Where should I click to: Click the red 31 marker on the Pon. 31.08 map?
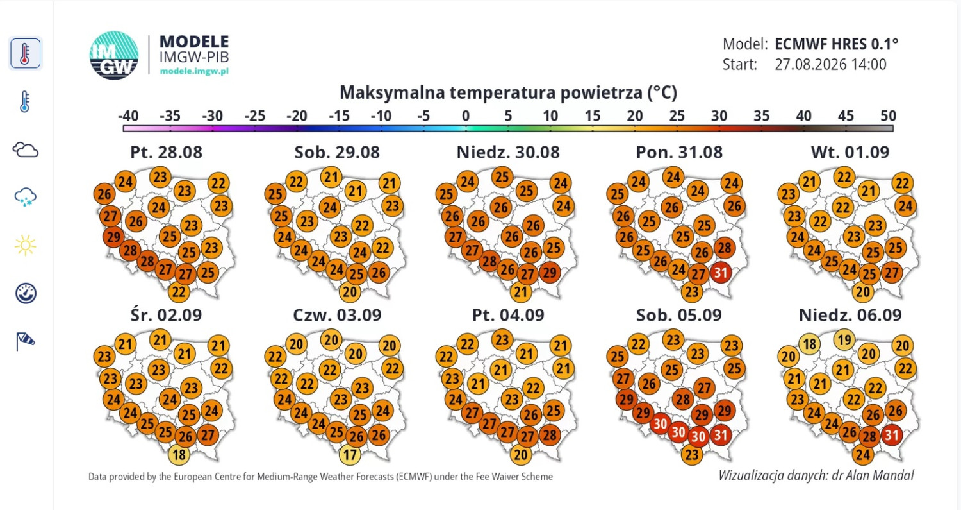(x=721, y=273)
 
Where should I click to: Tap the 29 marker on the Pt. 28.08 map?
(x=113, y=237)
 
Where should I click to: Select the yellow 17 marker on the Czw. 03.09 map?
(x=350, y=455)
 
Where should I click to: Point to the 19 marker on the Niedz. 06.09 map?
(x=844, y=340)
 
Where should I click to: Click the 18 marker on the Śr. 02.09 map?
(x=179, y=455)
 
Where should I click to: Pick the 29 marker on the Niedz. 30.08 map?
(x=550, y=273)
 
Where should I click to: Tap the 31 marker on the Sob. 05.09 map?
(x=721, y=435)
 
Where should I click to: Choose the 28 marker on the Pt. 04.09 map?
(x=550, y=435)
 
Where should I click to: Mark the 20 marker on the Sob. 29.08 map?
(x=350, y=292)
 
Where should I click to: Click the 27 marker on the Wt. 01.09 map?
(x=892, y=273)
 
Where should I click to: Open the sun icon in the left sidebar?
(x=26, y=245)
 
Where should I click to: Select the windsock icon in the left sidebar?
(x=26, y=341)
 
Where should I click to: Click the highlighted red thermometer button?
(x=26, y=53)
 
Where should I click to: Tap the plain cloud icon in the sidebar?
(x=26, y=150)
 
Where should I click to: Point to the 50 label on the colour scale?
(x=888, y=115)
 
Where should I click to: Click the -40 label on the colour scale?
(x=128, y=115)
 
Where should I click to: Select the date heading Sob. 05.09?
(x=679, y=315)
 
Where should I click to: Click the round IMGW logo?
(x=113, y=55)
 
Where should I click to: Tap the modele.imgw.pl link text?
(x=194, y=71)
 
